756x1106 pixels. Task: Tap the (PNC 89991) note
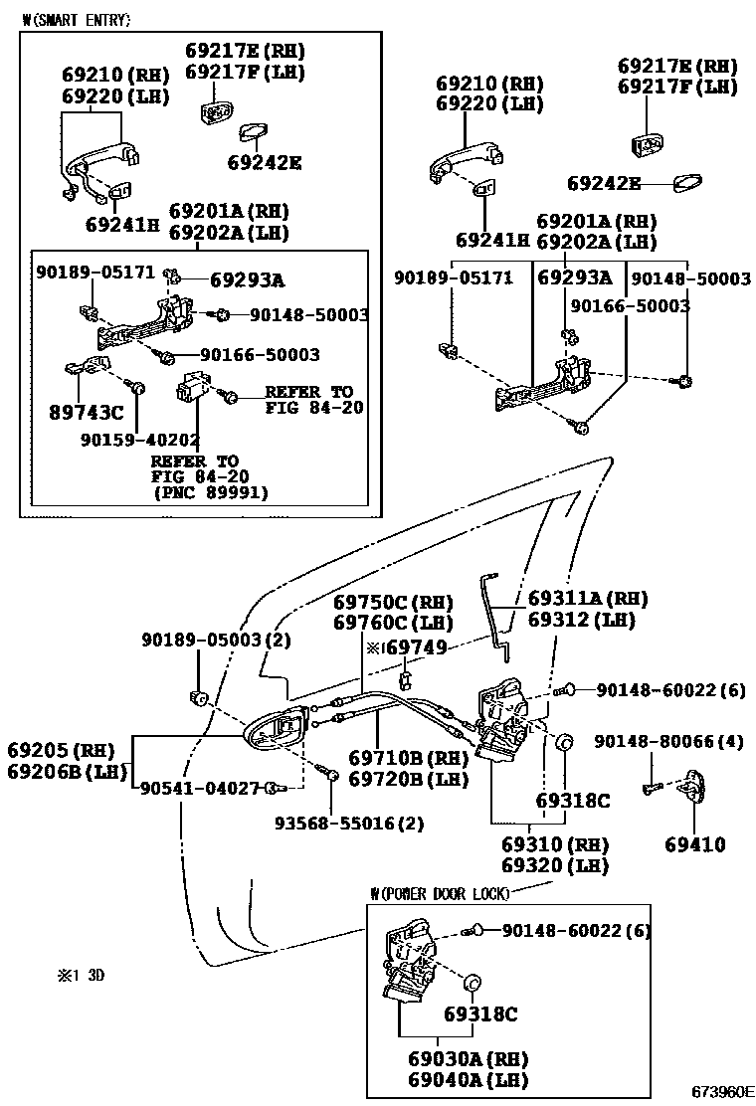(x=211, y=491)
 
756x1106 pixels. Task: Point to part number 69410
(x=695, y=844)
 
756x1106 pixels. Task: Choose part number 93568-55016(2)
(x=349, y=824)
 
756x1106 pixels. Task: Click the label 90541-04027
(x=197, y=788)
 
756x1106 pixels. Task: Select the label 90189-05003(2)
(x=201, y=639)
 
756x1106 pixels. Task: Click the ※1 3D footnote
(x=81, y=976)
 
